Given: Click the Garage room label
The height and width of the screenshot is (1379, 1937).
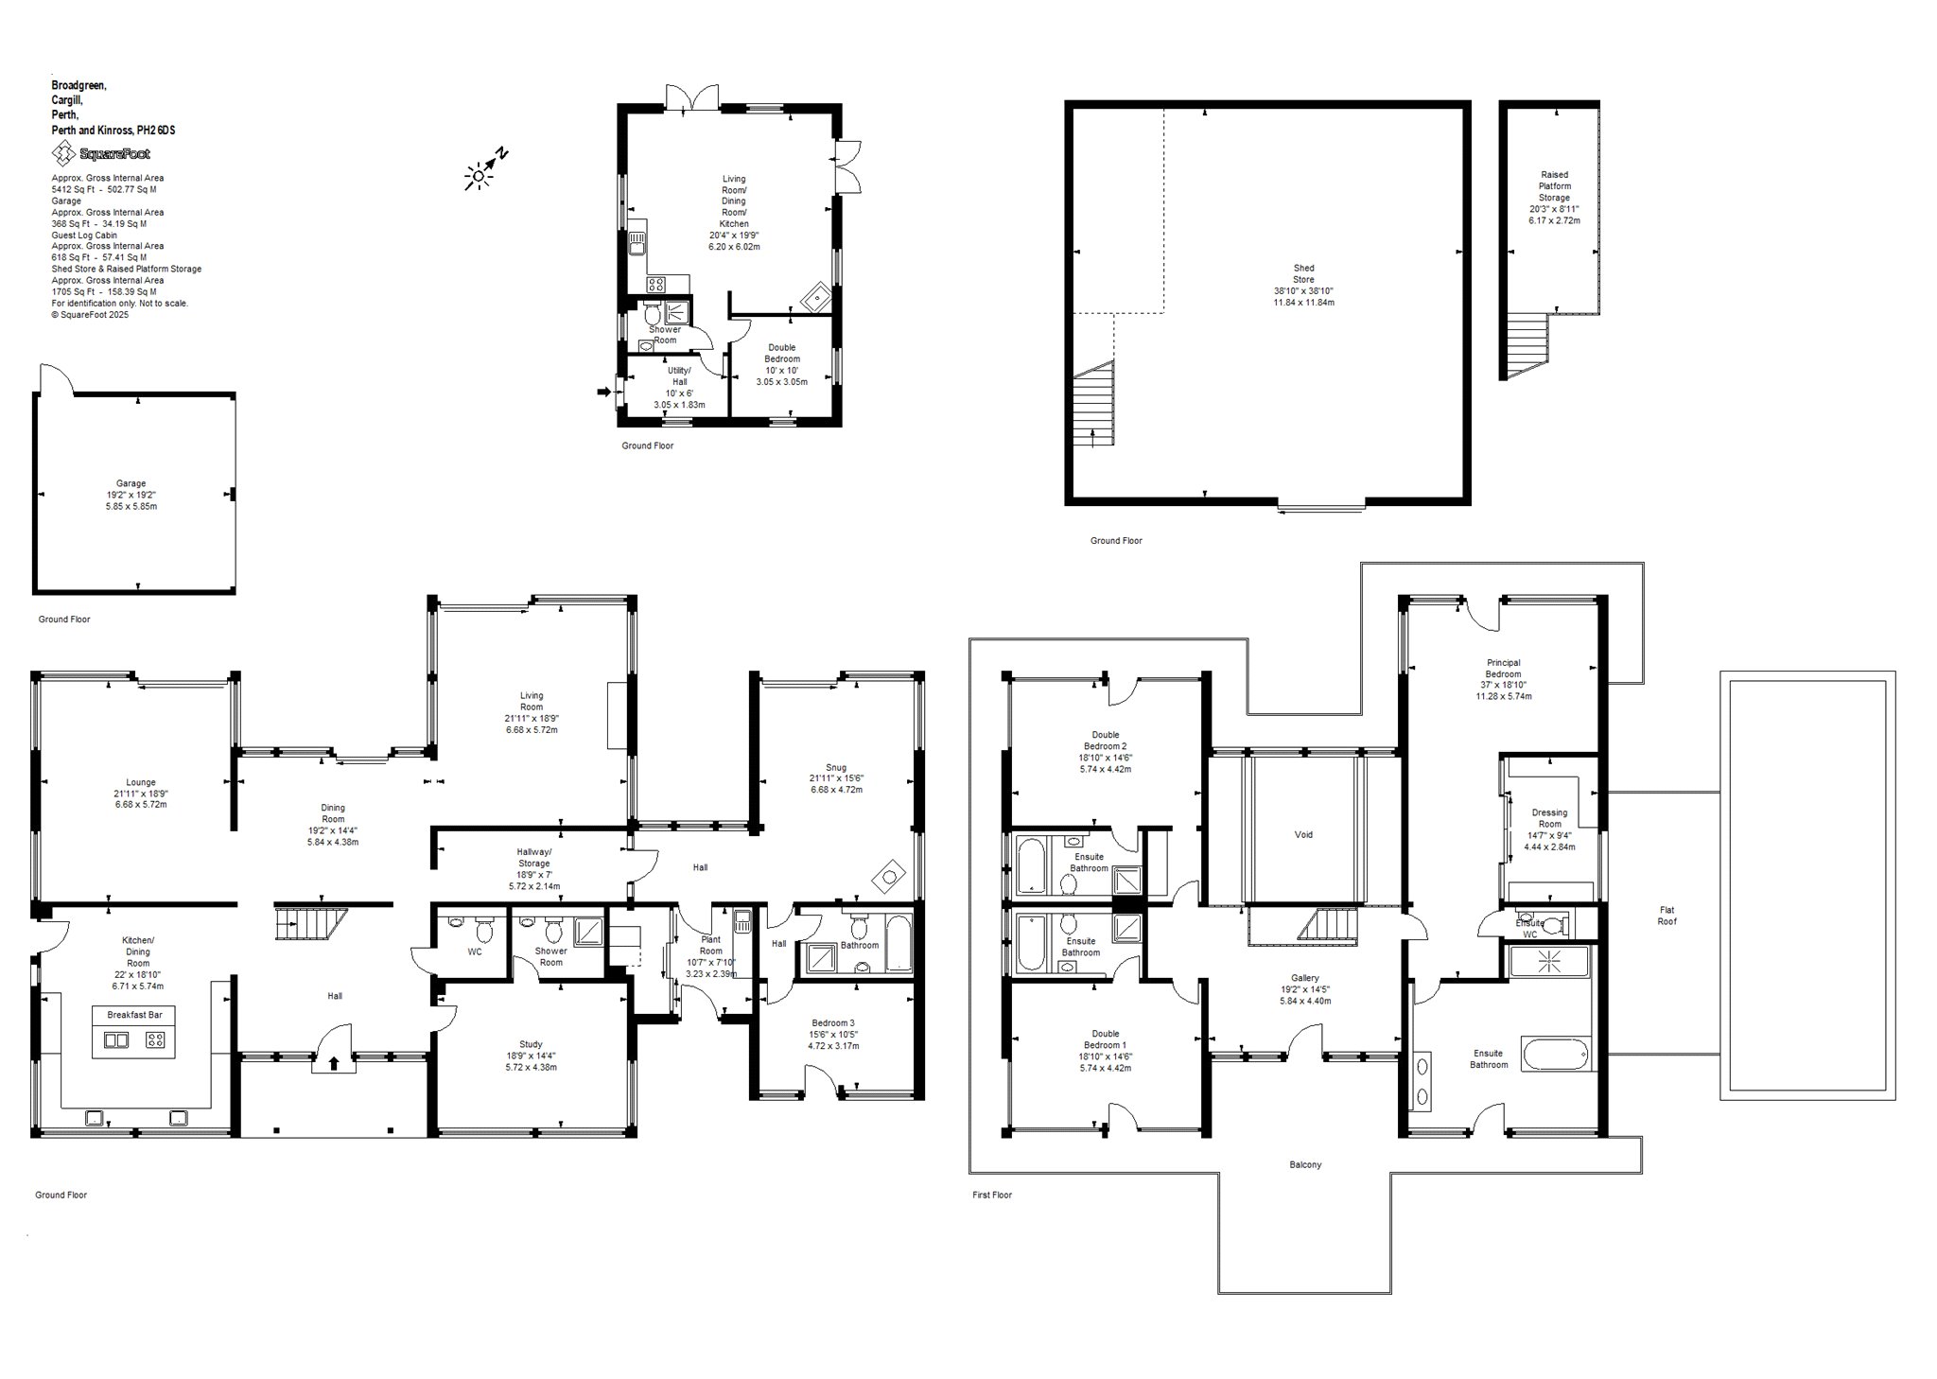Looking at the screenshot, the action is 131,483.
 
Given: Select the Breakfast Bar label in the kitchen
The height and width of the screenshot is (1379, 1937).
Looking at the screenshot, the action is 134,1015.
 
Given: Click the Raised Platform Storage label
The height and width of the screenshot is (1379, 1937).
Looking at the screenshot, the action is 1554,186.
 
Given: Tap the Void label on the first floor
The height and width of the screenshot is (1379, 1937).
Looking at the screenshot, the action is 1303,834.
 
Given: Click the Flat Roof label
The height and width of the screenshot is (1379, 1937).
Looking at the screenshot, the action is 1667,916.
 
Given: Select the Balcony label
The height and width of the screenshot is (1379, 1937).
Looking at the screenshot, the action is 1305,1164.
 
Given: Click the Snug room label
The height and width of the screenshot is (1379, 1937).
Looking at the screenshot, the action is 835,767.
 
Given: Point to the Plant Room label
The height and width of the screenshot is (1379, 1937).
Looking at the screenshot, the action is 710,946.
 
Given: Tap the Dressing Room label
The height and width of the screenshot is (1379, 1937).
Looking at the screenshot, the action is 1549,818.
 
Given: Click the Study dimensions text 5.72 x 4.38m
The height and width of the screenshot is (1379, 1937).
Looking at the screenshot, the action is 531,1067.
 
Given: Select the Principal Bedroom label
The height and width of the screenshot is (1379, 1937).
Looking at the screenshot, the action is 1503,669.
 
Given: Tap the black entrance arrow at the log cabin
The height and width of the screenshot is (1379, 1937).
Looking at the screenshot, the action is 605,390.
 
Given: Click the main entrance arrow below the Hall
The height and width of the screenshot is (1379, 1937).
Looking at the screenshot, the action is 334,1063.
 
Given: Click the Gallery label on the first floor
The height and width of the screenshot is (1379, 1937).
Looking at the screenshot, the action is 1304,978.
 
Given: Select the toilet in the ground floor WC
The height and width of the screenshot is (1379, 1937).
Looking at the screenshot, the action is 484,931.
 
